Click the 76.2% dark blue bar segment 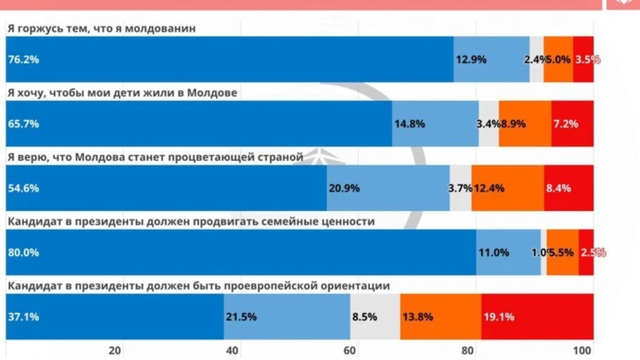(229, 59)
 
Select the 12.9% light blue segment (491, 59)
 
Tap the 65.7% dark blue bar (198, 124)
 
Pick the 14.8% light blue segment (435, 124)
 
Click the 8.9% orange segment (525, 124)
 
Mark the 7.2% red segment (572, 124)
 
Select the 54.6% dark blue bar (166, 188)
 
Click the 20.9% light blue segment (388, 188)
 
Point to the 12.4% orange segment (507, 188)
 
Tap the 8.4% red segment (568, 188)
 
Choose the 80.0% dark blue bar (241, 252)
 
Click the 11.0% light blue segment (508, 252)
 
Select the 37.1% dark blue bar (115, 316)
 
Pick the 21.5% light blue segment (287, 316)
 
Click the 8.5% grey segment (375, 316)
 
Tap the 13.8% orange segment (440, 316)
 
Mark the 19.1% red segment (537, 316)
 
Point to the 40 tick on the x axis (233, 351)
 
